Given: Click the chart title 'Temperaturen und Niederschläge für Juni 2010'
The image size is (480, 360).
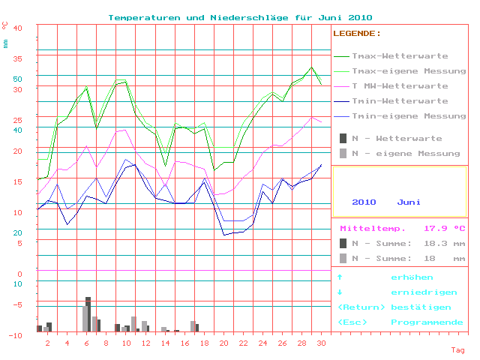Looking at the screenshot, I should [240, 17].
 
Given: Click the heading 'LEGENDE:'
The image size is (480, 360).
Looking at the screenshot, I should [357, 34].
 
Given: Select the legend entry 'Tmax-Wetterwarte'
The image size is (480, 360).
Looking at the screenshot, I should [400, 56].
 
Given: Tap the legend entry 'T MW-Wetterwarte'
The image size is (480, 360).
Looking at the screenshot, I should [400, 86].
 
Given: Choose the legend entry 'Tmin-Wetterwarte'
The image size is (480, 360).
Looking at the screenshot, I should [400, 101].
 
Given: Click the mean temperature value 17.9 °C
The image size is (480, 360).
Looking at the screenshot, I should [445, 229].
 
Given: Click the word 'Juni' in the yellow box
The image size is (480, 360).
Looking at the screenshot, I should [409, 202].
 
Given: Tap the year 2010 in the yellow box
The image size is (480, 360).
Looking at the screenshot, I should [364, 202].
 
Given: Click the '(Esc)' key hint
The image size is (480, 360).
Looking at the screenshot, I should [352, 322].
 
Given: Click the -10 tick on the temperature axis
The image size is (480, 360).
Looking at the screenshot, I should [15, 335].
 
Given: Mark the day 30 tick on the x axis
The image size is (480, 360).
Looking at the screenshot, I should [321, 343].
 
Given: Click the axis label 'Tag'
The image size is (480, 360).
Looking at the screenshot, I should [457, 350].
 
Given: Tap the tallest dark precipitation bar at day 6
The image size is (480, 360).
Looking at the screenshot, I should [88, 313].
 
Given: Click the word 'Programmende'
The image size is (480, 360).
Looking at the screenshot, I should [427, 322].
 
